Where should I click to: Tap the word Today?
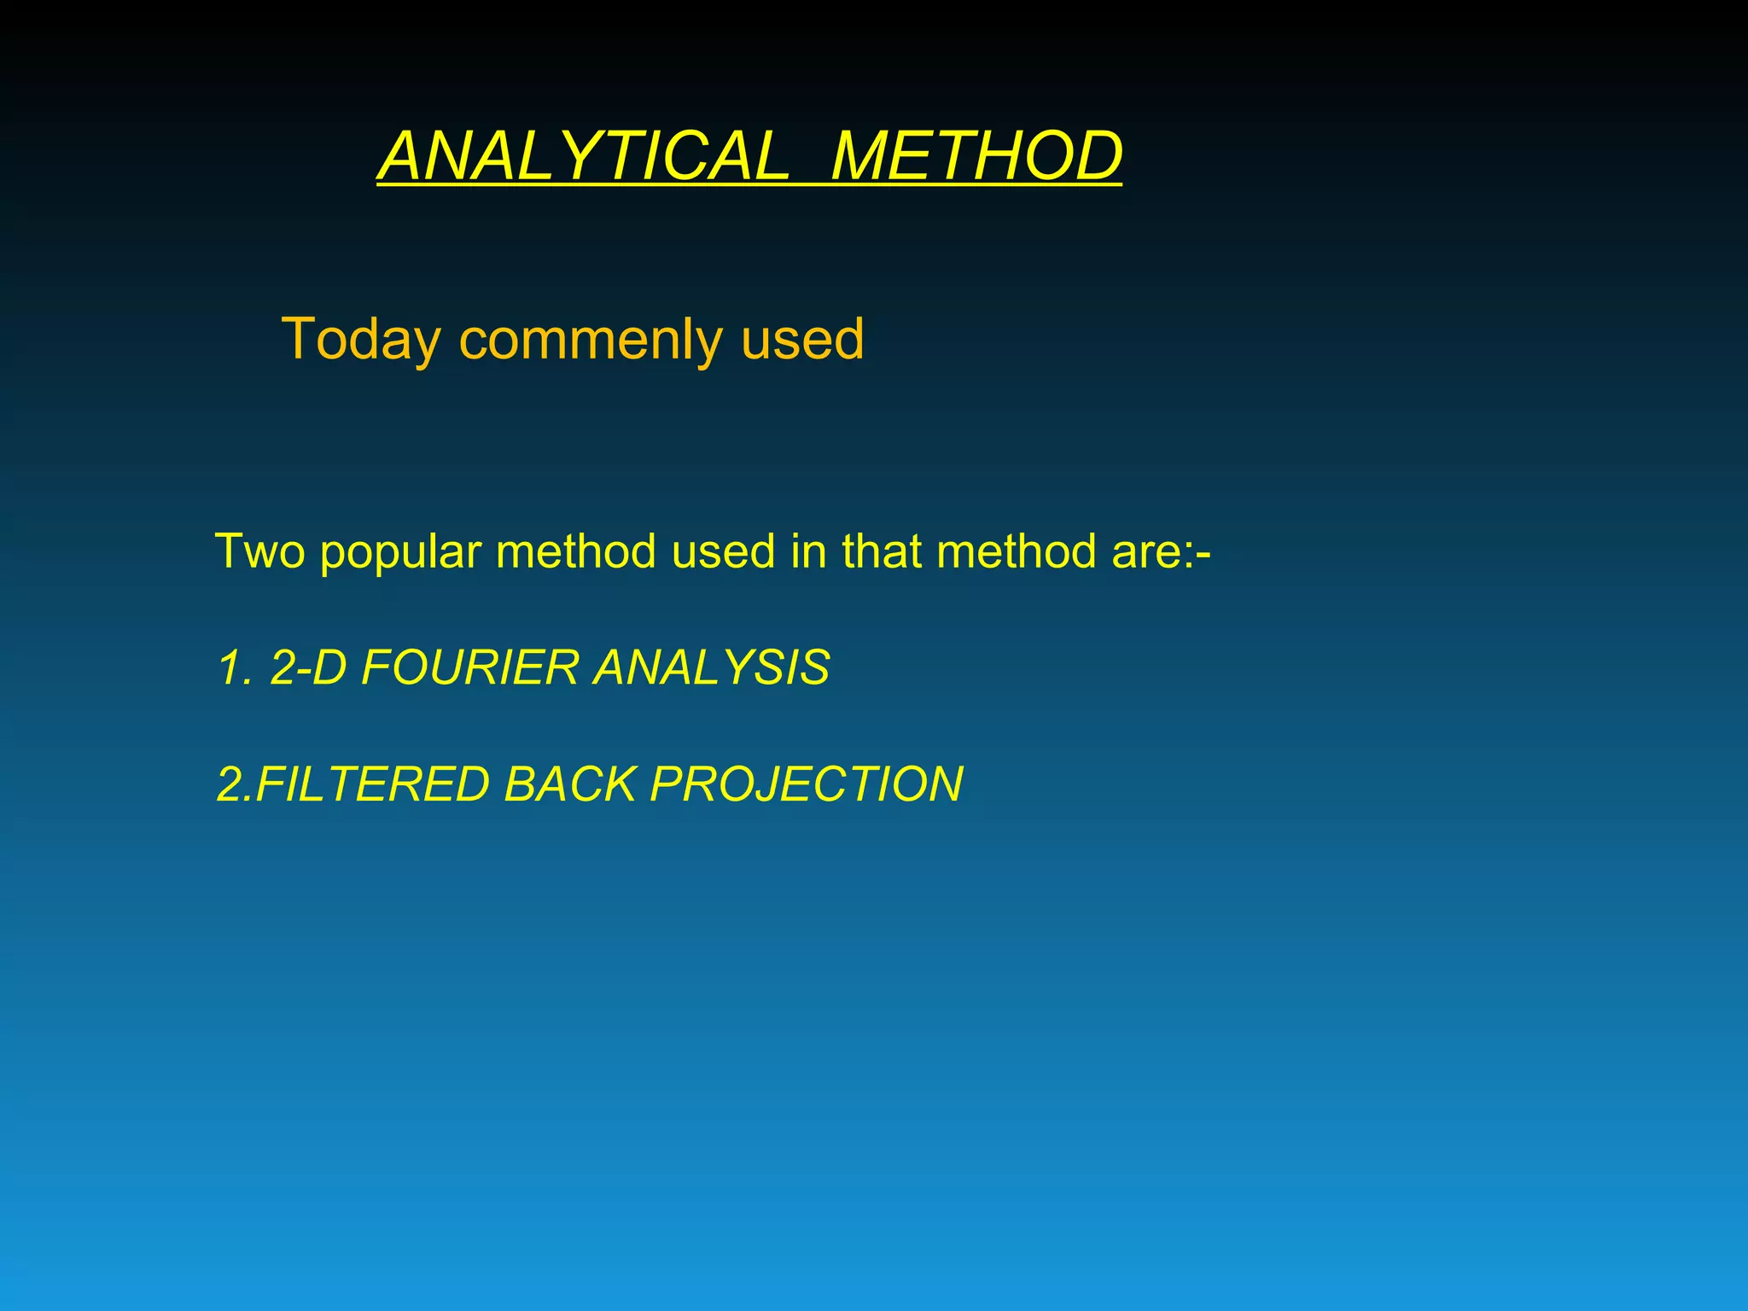click(x=361, y=341)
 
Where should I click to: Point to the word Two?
click(x=260, y=551)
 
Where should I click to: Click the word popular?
click(x=400, y=553)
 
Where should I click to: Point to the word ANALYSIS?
click(x=712, y=667)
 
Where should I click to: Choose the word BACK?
click(x=569, y=784)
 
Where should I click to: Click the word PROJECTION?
click(x=806, y=784)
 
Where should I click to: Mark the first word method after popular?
click(x=576, y=551)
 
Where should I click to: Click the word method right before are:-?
click(x=1016, y=551)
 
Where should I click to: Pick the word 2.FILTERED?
click(x=353, y=784)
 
